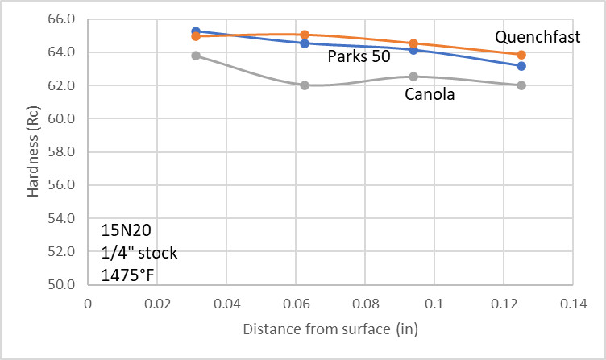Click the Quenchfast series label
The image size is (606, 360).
click(538, 37)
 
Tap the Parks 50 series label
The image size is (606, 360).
click(359, 57)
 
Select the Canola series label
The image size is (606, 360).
click(430, 94)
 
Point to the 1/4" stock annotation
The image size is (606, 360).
click(139, 253)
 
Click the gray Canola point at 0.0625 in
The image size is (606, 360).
click(305, 85)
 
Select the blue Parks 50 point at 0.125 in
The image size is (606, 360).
click(521, 66)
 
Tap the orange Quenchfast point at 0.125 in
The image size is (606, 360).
click(521, 55)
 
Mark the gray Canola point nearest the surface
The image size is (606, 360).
click(196, 56)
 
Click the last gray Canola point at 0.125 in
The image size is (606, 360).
click(521, 85)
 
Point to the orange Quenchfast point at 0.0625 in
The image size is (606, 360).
click(305, 35)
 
